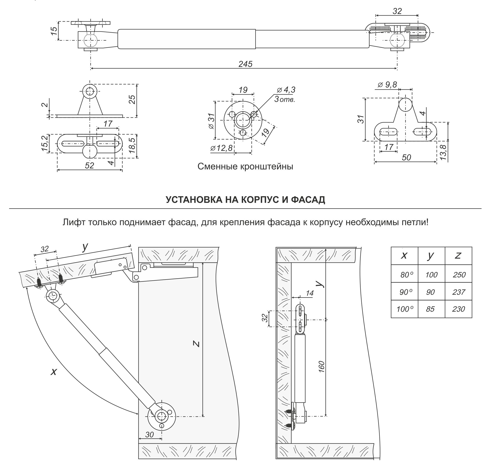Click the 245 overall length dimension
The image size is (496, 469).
[x=245, y=64]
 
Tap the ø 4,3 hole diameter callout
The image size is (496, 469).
[x=286, y=90]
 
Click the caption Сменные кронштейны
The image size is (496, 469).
[x=245, y=167]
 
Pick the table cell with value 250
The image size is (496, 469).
[x=459, y=275]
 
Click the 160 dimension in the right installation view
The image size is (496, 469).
[x=322, y=367]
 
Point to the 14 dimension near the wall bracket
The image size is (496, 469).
[x=310, y=293]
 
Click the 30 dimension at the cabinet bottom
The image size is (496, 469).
[x=149, y=435]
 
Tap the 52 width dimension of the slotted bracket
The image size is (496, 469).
[x=89, y=165]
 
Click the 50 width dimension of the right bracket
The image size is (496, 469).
[x=406, y=157]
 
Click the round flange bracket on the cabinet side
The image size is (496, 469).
[x=161, y=416]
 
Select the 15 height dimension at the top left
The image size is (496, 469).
[x=54, y=31]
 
